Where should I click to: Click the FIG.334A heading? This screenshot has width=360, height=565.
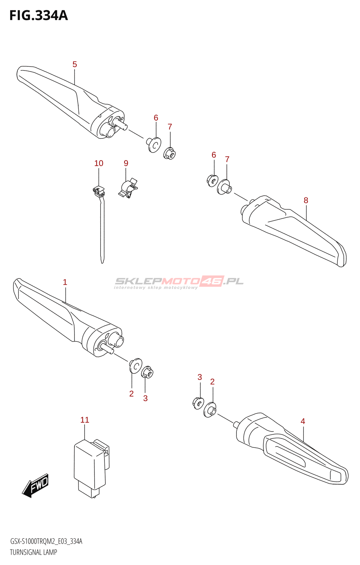point(38,16)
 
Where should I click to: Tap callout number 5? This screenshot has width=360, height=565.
point(74,64)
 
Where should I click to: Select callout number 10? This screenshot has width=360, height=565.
point(99,163)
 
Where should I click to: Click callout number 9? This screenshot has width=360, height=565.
point(126,163)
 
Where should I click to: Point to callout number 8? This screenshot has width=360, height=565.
point(306,200)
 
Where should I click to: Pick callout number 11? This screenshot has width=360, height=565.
point(85,420)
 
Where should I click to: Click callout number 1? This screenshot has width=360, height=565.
point(65,282)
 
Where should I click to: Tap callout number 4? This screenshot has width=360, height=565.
point(303,421)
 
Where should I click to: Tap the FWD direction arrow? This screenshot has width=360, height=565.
point(36,486)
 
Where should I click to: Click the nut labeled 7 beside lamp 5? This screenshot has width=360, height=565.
point(169,154)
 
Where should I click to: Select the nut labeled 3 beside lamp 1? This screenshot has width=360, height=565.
point(147,372)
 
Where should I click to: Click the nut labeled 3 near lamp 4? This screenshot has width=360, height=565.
point(198,403)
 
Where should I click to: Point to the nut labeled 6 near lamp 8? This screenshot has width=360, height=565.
point(212,181)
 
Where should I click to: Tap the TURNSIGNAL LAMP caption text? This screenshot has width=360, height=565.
point(34,552)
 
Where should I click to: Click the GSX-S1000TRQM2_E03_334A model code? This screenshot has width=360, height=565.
point(46,541)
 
